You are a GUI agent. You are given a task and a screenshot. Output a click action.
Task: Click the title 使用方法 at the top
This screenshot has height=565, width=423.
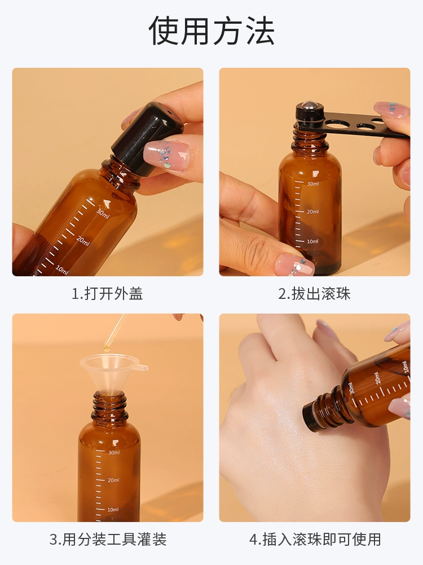coord(211,31)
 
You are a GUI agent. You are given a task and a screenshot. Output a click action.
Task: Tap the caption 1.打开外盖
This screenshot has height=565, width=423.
coord(107,294)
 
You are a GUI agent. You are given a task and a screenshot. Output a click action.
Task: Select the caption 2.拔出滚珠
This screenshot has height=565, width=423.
coord(314,294)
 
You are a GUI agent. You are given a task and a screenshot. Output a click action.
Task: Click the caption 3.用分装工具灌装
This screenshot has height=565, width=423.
coord(108,540)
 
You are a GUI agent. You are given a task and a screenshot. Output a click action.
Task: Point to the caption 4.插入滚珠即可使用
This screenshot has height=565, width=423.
coord(315,540)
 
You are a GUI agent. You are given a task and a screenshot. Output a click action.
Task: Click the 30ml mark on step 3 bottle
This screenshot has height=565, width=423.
coord(114,452)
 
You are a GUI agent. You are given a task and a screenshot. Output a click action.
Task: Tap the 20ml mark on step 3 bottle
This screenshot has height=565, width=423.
coord(113,480)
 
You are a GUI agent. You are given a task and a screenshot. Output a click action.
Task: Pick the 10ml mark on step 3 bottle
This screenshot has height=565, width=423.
coord(113,510)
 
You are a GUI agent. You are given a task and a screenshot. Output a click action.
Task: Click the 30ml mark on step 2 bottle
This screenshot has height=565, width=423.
coord(313,184)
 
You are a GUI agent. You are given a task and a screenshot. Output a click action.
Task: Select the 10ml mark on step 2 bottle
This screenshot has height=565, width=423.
coord(312,241)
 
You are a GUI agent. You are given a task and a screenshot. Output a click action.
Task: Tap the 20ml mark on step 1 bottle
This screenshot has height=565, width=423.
coord(83,241)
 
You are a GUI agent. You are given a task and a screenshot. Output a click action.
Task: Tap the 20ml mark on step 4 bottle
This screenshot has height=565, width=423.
coord(377,378)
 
